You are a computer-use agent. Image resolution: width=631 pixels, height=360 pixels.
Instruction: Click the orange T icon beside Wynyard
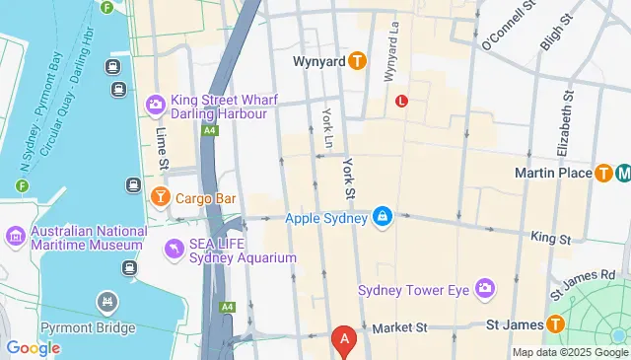tap(357, 61)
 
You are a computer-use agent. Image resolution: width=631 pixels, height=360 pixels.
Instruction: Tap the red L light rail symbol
tap(401, 101)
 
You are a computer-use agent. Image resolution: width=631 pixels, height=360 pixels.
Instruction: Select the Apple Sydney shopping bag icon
tap(383, 217)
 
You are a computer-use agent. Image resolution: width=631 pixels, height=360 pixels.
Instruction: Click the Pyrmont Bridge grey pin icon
tap(106, 300)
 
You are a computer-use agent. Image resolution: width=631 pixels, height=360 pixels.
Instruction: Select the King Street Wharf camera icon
tap(155, 105)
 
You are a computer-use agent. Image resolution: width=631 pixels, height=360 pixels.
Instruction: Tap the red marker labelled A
tap(344, 341)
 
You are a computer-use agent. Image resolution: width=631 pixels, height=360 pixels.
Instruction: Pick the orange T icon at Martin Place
tap(603, 173)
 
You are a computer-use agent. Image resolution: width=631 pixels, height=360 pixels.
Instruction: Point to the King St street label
tap(550, 239)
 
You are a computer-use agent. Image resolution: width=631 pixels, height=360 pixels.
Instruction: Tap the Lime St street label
tap(161, 148)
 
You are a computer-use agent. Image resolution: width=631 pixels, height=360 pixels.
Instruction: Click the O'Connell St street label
tap(508, 27)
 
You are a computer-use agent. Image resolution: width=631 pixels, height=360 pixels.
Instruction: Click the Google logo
tap(33, 348)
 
